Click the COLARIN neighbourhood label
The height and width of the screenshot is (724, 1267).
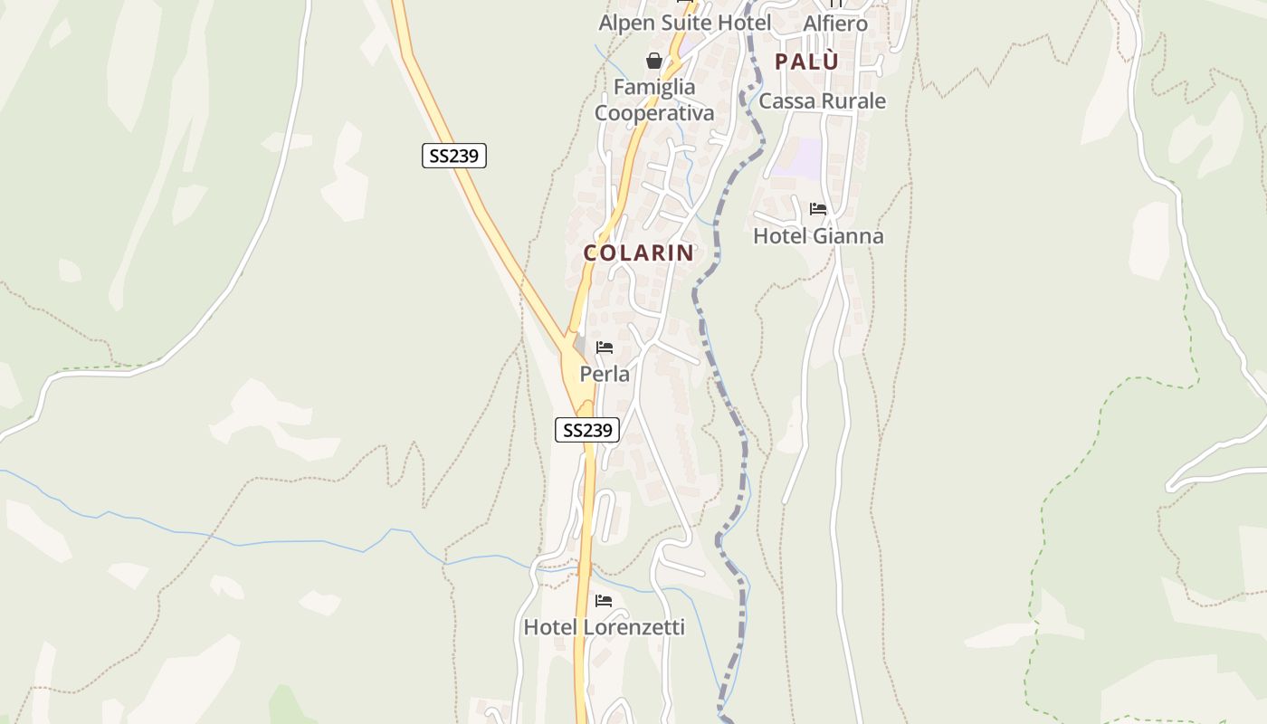[639, 253]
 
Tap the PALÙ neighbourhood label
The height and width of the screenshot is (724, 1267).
[806, 62]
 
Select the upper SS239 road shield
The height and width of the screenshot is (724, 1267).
[454, 156]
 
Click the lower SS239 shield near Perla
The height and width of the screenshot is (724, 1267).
[587, 430]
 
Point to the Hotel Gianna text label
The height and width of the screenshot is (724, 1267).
[818, 236]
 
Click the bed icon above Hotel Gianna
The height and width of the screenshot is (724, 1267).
[818, 209]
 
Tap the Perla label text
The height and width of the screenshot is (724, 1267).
[605, 374]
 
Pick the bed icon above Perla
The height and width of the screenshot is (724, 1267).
[605, 348]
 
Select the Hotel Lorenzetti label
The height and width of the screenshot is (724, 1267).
[604, 627]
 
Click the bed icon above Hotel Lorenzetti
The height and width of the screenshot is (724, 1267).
[604, 601]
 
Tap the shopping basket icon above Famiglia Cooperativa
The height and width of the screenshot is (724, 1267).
[654, 61]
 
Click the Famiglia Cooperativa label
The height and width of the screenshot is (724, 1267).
[654, 100]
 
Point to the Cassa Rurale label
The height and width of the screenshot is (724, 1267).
[822, 101]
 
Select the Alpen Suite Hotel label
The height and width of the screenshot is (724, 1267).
[685, 23]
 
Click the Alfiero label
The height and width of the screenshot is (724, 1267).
[835, 24]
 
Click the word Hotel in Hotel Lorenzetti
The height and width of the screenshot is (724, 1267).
[551, 627]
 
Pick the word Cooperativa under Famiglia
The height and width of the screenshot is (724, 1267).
[654, 113]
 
